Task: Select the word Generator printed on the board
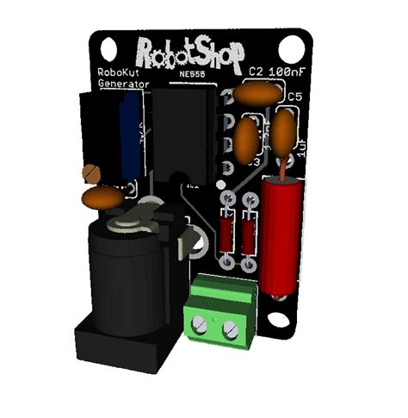click(123, 84)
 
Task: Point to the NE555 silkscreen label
click(185, 75)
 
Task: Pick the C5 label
click(294, 96)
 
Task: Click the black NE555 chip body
click(182, 129)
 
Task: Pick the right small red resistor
click(249, 234)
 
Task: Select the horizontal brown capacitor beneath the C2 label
click(259, 92)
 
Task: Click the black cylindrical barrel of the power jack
click(128, 276)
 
